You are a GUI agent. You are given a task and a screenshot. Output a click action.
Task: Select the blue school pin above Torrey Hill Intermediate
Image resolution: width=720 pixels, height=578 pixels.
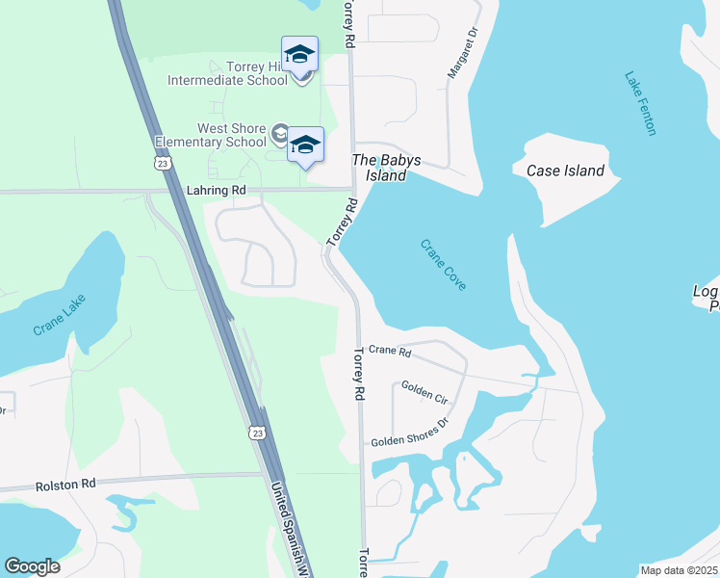299,54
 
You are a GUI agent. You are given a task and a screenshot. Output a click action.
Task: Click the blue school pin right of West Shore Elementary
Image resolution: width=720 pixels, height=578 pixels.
305,145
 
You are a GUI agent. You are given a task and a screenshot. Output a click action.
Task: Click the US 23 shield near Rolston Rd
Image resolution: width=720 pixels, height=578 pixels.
257,433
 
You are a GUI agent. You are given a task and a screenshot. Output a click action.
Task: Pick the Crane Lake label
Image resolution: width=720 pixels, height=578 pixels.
60,314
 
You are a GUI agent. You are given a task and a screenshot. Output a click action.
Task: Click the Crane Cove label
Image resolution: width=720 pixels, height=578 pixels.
443,264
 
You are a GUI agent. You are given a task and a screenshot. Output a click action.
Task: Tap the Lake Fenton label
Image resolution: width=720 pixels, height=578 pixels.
640,103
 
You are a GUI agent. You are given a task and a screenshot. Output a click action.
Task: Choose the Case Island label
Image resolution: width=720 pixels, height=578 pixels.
565,171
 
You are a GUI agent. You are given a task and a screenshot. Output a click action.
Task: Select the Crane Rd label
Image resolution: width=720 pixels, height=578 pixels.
390,352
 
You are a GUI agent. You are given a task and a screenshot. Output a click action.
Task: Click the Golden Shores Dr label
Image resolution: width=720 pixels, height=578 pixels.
411,433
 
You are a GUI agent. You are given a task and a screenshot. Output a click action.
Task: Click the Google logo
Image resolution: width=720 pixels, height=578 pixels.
32,565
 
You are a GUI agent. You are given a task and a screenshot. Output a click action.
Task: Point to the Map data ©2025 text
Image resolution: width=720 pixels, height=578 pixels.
680,570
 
